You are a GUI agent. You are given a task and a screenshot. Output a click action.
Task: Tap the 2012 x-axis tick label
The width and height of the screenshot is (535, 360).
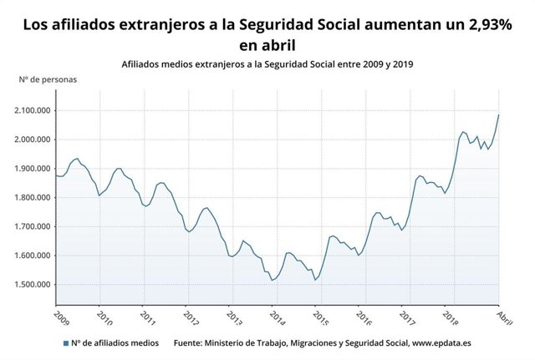pyautogui.click(x=191, y=317)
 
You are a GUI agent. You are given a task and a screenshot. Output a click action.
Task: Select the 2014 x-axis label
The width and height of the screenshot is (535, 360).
pyautogui.click(x=278, y=317)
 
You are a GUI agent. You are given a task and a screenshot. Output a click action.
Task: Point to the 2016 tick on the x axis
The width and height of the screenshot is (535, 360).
pyautogui.click(x=364, y=317)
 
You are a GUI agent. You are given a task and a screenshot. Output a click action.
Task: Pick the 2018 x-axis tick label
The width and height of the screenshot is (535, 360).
pyautogui.click(x=451, y=317)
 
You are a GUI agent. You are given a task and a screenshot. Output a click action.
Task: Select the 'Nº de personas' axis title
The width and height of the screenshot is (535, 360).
pyautogui.click(x=48, y=80)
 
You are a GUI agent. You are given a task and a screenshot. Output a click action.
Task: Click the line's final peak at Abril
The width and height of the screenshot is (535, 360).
pyautogui.click(x=499, y=115)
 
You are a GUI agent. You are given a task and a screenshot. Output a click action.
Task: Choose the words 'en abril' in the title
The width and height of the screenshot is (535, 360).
pyautogui.click(x=267, y=44)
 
